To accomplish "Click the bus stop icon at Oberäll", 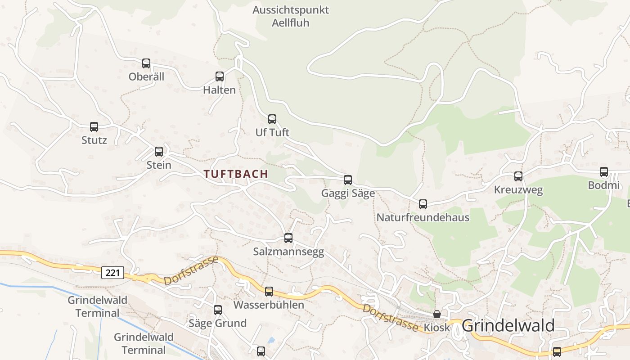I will tap(146, 63).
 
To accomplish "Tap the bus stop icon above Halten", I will tap(220, 76).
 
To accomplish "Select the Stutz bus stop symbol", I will tap(94, 127).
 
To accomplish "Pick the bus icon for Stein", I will tap(159, 152).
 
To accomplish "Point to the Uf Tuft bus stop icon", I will tap(272, 119).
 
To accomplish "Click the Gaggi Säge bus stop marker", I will tap(348, 180).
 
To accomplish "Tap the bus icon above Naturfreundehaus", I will tap(423, 204).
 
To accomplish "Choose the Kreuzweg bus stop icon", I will tap(518, 176).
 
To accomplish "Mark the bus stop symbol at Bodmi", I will tap(604, 172).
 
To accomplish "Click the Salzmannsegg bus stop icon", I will tap(288, 238).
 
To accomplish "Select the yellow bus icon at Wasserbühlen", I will tap(269, 292).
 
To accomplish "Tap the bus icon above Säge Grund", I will tap(218, 310).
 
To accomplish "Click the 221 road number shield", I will tap(112, 272).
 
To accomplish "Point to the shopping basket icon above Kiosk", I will tap(437, 314).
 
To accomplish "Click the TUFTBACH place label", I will tap(236, 174).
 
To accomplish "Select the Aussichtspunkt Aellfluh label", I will tap(291, 16).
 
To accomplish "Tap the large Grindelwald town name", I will tap(508, 325).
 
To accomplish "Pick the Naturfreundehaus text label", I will tap(423, 218).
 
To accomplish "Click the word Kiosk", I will tap(436, 328).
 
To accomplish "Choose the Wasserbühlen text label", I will tap(269, 305).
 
